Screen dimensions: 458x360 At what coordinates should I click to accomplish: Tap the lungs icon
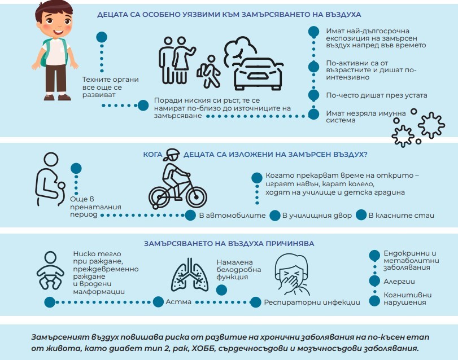(x=190, y=275)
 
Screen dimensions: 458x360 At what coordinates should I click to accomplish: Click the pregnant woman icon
(x=50, y=179)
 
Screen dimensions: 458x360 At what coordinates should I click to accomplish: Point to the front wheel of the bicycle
(x=197, y=196)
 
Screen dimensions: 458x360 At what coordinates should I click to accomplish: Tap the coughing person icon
(x=292, y=274)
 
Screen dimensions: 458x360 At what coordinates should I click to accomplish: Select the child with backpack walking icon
(x=208, y=72)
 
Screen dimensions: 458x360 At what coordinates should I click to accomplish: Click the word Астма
(x=178, y=302)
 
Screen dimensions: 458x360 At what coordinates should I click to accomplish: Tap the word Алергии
(x=399, y=282)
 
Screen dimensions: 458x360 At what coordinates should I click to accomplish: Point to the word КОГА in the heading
(x=152, y=155)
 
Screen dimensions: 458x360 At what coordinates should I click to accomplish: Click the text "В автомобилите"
(x=232, y=216)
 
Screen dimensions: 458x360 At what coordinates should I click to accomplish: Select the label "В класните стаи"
(x=402, y=216)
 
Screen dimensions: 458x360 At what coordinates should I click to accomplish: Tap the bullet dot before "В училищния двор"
(x=275, y=216)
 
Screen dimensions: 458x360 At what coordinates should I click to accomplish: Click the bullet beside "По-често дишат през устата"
(x=313, y=95)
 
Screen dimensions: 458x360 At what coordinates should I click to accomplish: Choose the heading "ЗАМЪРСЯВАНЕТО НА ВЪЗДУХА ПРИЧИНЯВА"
(x=229, y=243)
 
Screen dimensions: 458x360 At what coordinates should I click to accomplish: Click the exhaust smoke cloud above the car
(x=239, y=48)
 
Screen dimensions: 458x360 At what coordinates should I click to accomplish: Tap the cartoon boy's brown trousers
(x=56, y=78)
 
